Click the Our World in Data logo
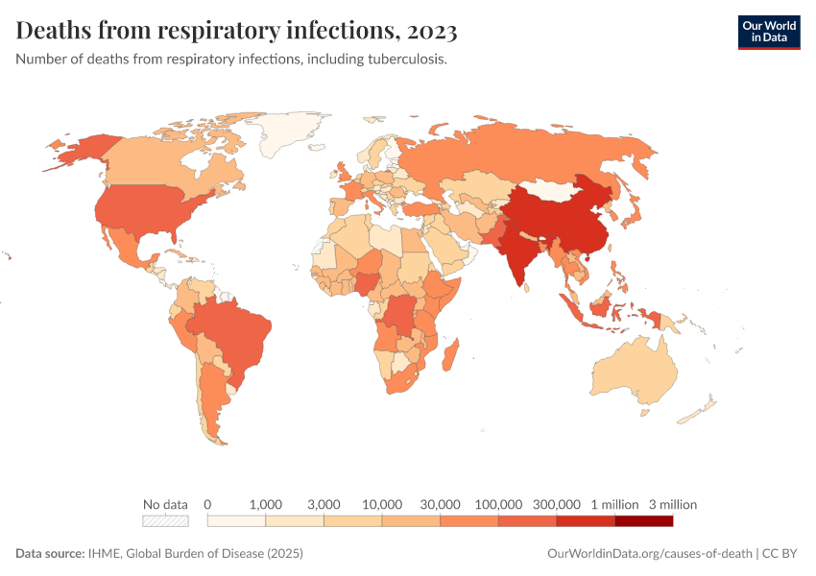768,31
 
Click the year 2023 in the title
432,31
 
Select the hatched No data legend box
165,521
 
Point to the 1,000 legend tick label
265,504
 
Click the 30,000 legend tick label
441,504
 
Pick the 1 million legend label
614,504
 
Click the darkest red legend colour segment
643,521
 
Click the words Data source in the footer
49,554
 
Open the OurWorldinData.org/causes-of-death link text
648,554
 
